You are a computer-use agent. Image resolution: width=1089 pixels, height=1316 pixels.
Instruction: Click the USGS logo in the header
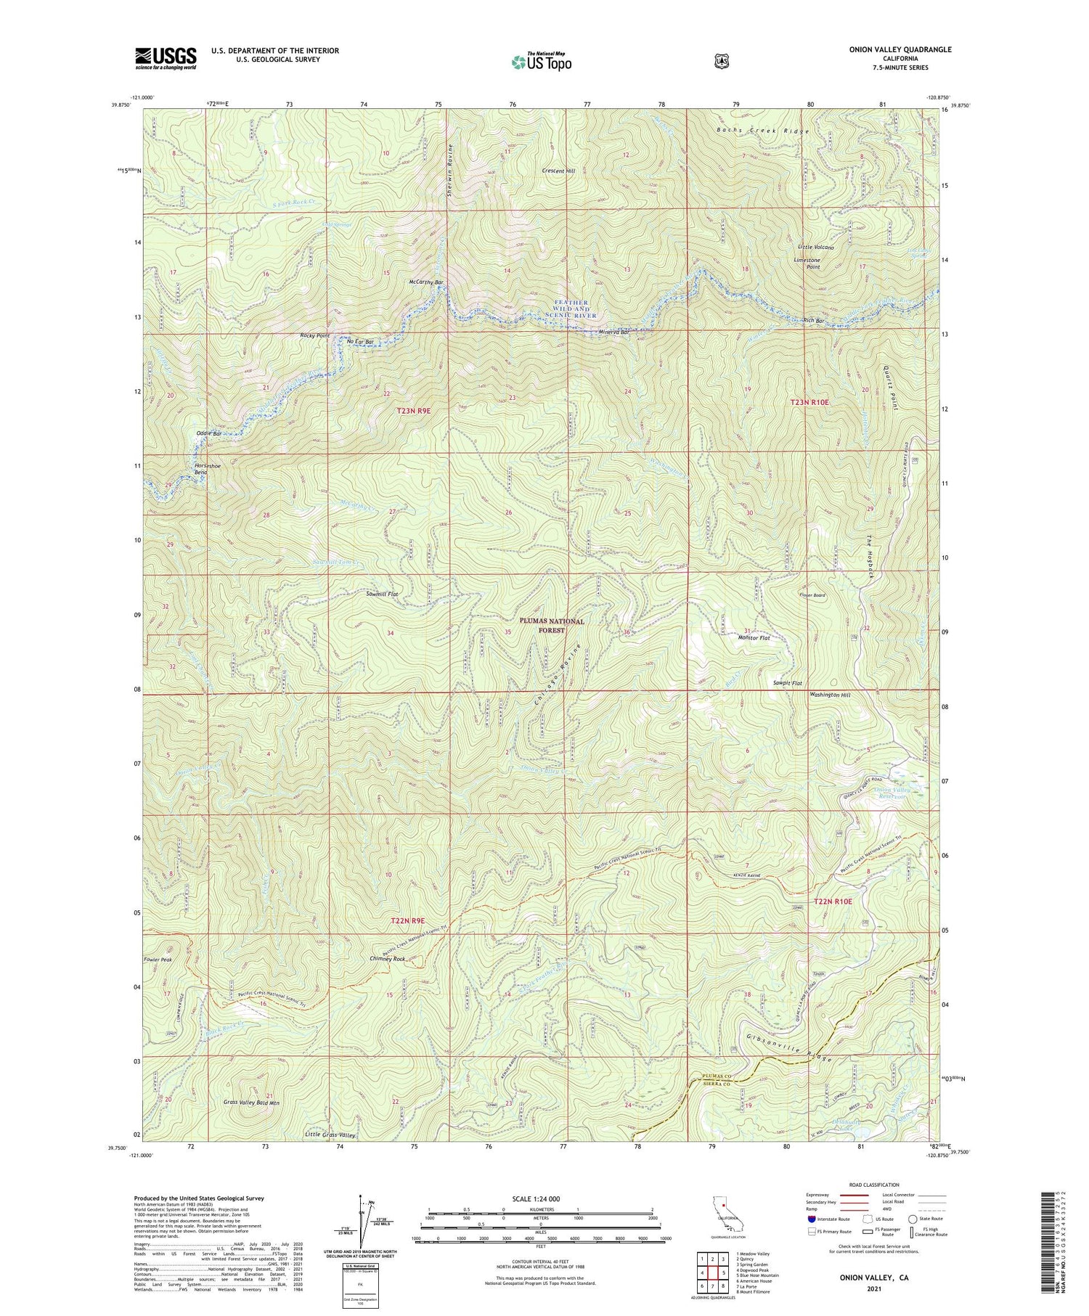point(165,57)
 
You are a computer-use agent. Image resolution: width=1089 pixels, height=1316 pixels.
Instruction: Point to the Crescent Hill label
point(558,171)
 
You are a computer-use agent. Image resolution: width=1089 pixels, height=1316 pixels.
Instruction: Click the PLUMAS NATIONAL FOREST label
point(552,626)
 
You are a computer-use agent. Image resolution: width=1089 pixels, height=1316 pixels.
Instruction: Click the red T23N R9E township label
point(414,411)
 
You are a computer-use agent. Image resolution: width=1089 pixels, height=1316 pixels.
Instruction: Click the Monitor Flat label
point(754,638)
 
